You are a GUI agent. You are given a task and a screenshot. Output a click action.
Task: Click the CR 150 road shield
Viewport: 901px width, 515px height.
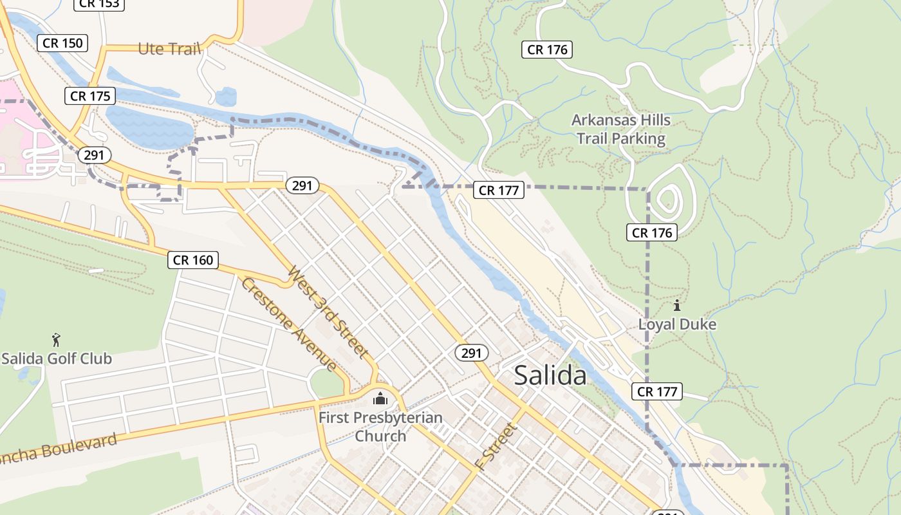(62, 43)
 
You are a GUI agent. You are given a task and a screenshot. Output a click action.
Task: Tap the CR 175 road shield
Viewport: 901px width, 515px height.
(90, 96)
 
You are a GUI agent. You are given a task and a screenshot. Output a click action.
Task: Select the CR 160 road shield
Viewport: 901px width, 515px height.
(193, 260)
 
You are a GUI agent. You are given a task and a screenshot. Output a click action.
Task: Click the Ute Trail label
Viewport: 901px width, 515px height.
(170, 49)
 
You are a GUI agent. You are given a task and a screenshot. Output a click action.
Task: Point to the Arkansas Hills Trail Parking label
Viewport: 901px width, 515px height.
(621, 129)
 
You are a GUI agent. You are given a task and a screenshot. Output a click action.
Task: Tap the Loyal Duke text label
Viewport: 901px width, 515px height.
(677, 324)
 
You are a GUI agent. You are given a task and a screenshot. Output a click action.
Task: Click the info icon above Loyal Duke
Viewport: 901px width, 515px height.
(676, 305)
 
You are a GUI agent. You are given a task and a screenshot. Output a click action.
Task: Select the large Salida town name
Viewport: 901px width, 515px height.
(550, 375)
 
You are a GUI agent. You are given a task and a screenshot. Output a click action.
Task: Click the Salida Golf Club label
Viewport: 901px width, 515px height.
(57, 359)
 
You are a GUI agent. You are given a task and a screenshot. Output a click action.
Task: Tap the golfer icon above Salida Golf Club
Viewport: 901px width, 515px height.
(56, 339)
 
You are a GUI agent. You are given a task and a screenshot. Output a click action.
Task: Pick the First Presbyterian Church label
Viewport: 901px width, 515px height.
(381, 426)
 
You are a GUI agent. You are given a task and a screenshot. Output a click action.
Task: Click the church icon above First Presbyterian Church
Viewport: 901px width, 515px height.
(380, 398)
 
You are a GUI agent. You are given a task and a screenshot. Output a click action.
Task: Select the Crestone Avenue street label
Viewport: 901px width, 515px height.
(289, 324)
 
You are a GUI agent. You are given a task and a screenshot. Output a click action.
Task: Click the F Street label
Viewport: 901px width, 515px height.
(496, 445)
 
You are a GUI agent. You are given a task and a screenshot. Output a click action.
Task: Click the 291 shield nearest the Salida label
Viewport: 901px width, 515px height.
(471, 353)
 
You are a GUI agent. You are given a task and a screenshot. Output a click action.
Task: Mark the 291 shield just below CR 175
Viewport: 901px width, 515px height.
(94, 155)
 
